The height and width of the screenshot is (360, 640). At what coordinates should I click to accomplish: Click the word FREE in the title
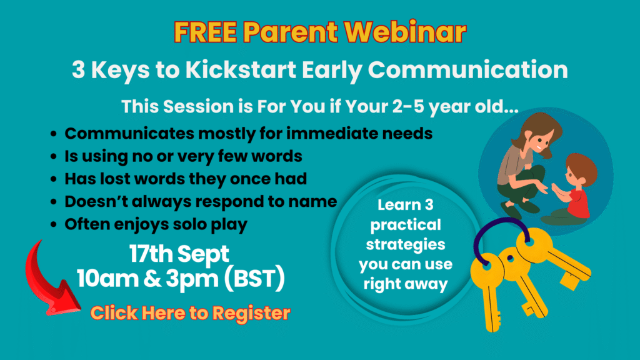[205, 32]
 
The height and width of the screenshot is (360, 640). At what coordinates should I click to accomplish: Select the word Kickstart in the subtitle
[241, 69]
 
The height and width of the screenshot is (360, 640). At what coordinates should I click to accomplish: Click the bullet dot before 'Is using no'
[54, 156]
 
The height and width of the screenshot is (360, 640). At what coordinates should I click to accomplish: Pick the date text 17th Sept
[179, 254]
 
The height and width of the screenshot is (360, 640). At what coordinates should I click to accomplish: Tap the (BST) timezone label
[254, 278]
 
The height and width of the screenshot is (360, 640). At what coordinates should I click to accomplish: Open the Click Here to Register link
[190, 314]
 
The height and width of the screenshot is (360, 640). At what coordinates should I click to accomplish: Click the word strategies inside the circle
[405, 245]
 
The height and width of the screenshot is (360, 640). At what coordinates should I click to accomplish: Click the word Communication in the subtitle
[467, 69]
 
